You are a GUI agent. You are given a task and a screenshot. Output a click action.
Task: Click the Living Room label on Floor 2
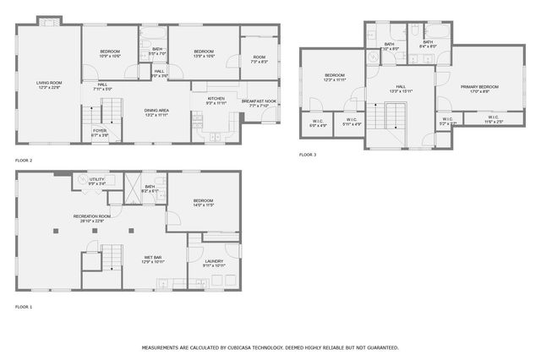coord(47,83)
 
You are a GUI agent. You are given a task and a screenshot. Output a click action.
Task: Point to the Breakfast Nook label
coord(260,101)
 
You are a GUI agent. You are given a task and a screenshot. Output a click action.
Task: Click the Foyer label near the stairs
coord(100,131)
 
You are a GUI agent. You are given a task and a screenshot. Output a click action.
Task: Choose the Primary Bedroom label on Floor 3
coord(479,87)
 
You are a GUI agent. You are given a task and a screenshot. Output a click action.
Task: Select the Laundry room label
coord(215,262)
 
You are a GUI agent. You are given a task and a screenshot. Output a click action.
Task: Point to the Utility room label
coord(97,180)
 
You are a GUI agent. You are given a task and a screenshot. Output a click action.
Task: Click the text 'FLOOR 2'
coord(24,160)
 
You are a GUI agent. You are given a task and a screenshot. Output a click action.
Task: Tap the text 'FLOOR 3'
coord(308,155)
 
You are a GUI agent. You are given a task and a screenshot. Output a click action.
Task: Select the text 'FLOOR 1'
coord(24,306)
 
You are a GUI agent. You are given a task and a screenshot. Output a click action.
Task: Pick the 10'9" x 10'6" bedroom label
coord(111,52)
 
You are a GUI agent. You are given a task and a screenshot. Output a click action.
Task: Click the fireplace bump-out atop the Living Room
coord(52,19)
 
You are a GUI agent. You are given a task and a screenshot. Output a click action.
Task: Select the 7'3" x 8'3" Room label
coord(259,59)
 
